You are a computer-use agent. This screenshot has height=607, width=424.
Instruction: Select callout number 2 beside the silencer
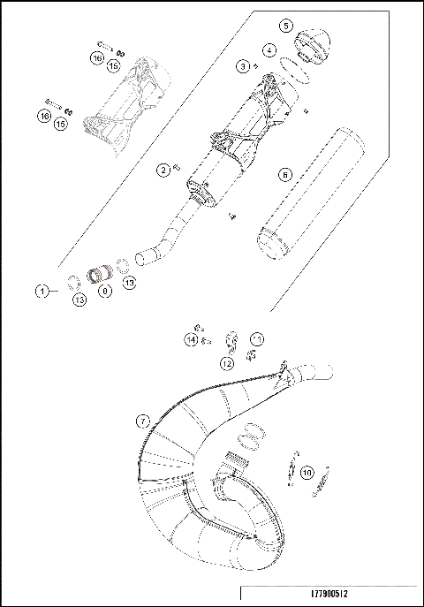[163, 169]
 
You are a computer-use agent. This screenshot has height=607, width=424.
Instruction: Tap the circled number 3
[241, 65]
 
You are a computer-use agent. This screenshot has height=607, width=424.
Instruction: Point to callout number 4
[269, 50]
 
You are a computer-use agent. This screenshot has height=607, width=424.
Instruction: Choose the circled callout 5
[284, 27]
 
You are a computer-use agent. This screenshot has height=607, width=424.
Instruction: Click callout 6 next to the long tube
[284, 175]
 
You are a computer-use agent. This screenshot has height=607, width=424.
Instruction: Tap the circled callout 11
[257, 338]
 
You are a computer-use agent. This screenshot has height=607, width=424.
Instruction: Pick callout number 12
[227, 362]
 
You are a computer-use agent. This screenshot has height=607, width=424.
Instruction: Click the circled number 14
[191, 339]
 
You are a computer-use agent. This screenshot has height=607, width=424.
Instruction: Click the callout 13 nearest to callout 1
[79, 300]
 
